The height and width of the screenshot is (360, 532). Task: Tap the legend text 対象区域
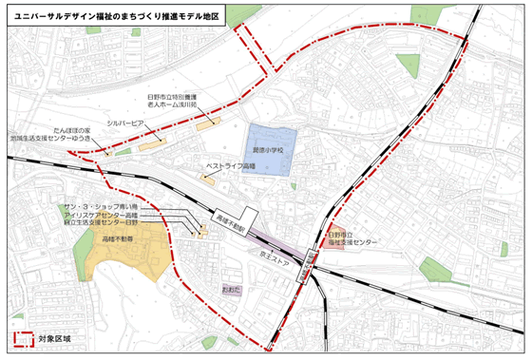[x=54, y=338]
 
